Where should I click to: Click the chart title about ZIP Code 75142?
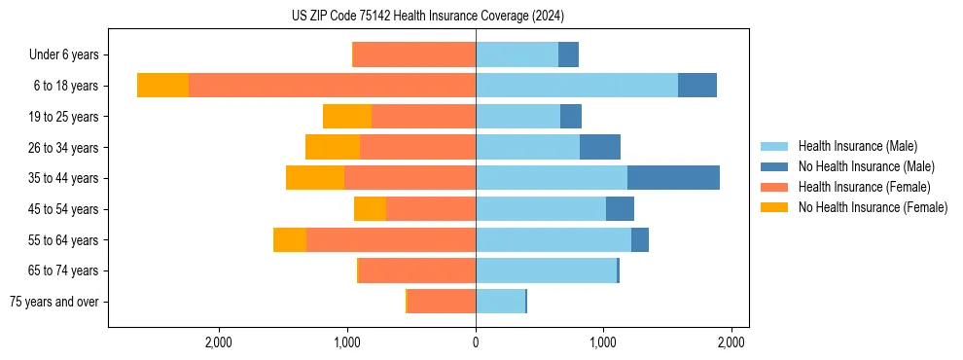click(x=427, y=16)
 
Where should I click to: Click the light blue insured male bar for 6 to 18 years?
click(x=576, y=86)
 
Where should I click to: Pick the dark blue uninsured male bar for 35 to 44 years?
click(x=673, y=178)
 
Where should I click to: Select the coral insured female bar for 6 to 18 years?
click(x=332, y=86)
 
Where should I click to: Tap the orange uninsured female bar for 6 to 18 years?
click(x=163, y=86)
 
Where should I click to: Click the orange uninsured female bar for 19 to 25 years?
click(x=347, y=117)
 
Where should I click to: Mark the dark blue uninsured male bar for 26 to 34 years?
click(x=600, y=147)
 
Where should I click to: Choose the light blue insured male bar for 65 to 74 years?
click(x=546, y=270)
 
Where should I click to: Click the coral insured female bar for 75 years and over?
click(x=442, y=302)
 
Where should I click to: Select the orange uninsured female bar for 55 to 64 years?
click(x=290, y=239)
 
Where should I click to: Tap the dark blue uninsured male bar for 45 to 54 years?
click(x=620, y=209)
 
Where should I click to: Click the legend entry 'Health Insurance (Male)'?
click(x=857, y=146)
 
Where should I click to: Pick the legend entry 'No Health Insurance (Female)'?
click(x=873, y=207)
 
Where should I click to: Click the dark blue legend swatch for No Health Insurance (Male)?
click(x=774, y=166)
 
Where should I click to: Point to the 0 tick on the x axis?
click(x=476, y=342)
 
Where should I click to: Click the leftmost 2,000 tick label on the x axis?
click(x=219, y=342)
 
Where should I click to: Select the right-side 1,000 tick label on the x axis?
click(x=603, y=342)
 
